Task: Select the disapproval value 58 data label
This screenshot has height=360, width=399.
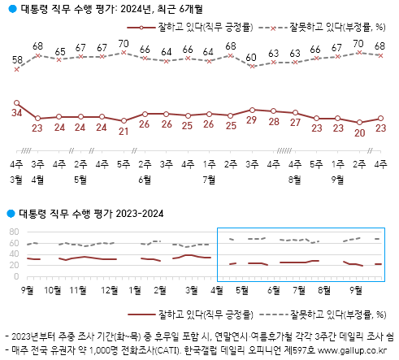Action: pos(17,59)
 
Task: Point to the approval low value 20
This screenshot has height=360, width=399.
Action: pos(359,133)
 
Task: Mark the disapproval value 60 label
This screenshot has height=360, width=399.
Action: pos(252,56)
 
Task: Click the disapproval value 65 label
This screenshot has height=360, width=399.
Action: pos(60,52)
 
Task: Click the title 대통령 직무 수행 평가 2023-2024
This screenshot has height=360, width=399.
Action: pos(90,214)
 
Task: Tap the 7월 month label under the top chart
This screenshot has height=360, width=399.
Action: pos(210,178)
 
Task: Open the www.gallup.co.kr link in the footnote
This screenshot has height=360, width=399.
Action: pos(351,351)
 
